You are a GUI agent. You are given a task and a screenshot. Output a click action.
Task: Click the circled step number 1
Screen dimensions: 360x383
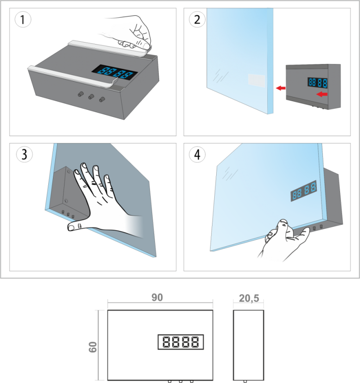click(x=23, y=19)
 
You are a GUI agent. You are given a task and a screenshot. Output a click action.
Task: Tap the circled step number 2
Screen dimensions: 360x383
click(x=197, y=19)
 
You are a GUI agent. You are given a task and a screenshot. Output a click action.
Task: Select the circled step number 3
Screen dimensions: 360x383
click(x=24, y=154)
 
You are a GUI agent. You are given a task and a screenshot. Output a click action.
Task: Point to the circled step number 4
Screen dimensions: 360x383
click(x=197, y=154)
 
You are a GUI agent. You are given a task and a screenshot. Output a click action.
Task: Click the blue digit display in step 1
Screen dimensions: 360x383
click(x=115, y=72)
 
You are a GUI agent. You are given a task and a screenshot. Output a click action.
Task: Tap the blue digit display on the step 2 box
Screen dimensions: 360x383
click(x=317, y=83)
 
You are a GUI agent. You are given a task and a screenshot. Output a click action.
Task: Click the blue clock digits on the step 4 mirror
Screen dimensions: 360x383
click(x=304, y=191)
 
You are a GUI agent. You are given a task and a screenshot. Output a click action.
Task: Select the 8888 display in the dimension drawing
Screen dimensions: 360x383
click(x=180, y=342)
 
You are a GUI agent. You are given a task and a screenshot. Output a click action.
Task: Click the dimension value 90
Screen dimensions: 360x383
click(x=157, y=298)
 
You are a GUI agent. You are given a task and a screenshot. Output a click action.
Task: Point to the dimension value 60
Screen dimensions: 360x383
click(x=93, y=347)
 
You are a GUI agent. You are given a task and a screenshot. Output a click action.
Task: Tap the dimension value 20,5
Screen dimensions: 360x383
click(x=249, y=298)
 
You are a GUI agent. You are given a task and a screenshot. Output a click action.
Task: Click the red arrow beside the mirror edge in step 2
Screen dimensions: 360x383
click(x=281, y=88)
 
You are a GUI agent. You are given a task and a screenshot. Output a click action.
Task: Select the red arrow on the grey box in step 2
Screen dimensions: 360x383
click(x=322, y=94)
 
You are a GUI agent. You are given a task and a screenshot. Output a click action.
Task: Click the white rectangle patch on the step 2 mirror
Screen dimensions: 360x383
click(x=257, y=81)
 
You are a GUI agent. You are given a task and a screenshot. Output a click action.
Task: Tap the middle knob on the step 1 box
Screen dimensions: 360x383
click(x=91, y=97)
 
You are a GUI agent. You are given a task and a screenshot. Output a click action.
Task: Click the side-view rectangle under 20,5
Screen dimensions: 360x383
click(x=249, y=345)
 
